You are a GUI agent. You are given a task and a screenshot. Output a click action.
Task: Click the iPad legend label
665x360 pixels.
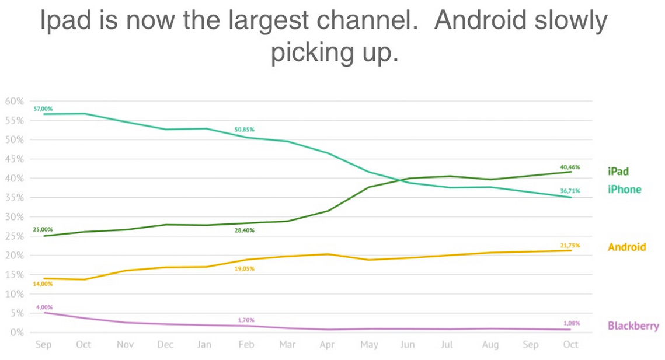point(618,172)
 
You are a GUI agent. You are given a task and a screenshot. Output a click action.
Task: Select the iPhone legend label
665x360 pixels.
point(624,190)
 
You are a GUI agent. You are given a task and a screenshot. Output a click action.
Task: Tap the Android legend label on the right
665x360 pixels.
point(627,247)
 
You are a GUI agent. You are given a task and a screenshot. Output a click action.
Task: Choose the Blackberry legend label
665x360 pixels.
point(633,326)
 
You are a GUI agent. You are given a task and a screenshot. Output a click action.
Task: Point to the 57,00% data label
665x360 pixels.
point(43,109)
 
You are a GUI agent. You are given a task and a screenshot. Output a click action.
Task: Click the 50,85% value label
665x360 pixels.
point(245,130)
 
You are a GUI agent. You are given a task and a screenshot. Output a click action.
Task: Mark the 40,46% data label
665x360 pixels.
point(570,167)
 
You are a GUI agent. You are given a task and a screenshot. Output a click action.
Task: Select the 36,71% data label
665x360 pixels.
point(570,191)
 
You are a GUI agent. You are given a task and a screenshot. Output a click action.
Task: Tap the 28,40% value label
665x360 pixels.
point(245,230)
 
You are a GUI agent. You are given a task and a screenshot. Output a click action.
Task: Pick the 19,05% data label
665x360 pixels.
point(245,268)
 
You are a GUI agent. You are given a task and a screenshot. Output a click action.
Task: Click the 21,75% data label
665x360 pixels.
point(570,246)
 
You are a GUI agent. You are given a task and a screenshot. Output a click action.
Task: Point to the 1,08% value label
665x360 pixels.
point(572,323)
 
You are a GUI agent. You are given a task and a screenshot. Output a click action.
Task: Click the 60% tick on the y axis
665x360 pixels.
point(14,101)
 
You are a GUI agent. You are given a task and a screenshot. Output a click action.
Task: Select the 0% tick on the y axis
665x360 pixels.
point(18,333)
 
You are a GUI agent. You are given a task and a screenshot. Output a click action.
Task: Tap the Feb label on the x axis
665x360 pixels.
point(246,345)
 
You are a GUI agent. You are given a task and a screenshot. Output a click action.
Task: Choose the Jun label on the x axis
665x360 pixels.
point(407,345)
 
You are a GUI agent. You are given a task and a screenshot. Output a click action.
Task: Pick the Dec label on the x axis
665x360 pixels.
point(165,345)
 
